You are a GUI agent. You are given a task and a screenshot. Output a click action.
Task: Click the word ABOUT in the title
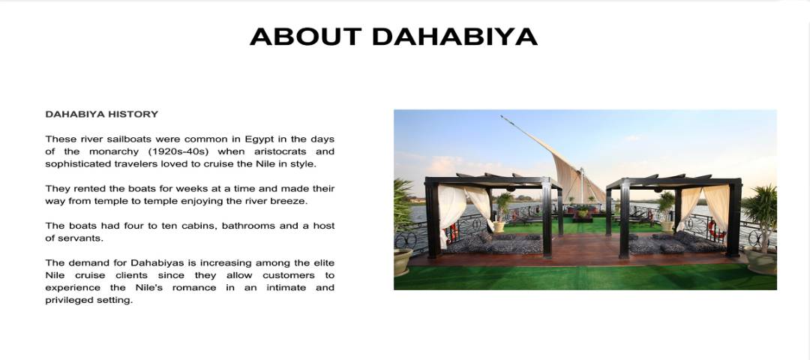305,36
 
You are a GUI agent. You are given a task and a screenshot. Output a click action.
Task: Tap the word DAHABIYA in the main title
454,36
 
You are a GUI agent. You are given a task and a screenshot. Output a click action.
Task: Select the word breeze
290,202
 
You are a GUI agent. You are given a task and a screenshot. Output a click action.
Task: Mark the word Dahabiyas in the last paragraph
154,263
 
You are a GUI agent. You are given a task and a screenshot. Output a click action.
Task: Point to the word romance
194,288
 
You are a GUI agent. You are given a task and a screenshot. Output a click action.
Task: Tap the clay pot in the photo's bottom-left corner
403,262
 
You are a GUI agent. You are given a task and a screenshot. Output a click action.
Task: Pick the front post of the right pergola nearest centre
624,220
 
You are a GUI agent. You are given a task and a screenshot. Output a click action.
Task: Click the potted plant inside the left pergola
502,211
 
